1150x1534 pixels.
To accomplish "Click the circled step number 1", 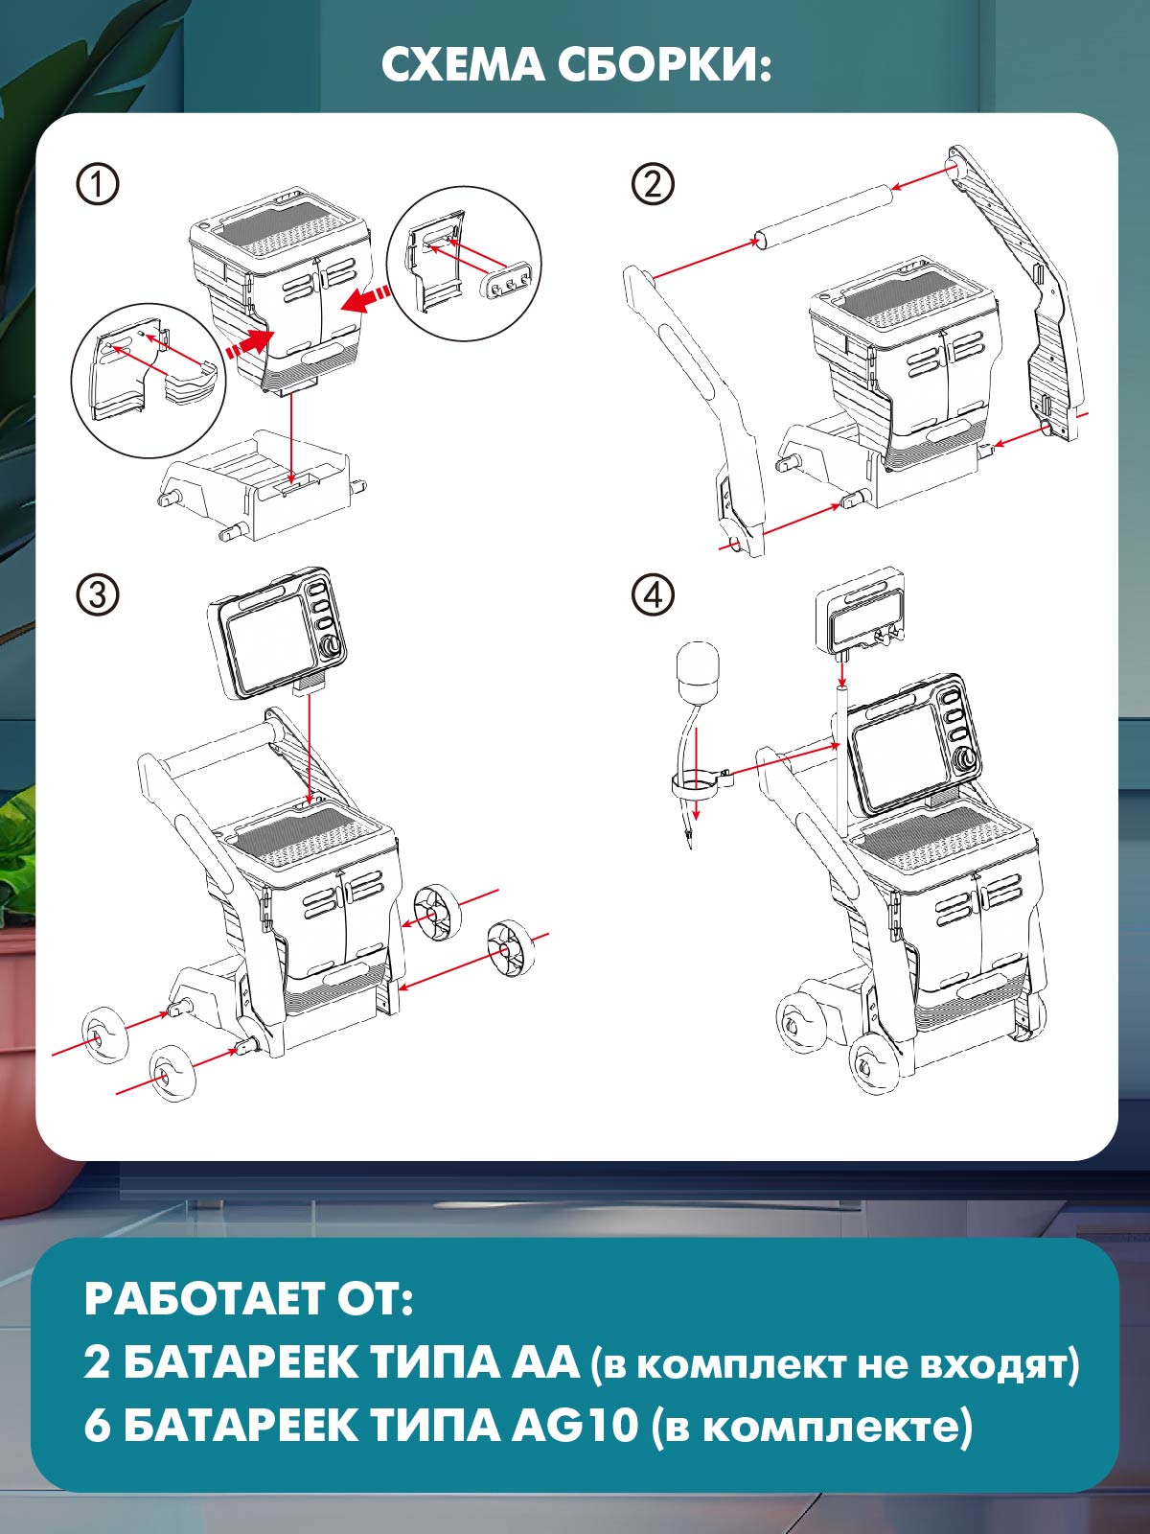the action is (x=98, y=184).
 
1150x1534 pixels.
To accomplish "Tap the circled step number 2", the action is (x=653, y=184).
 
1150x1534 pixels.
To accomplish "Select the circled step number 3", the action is (x=98, y=595).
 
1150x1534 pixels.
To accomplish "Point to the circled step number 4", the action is (x=653, y=595).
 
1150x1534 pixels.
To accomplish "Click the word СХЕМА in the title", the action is (x=462, y=67).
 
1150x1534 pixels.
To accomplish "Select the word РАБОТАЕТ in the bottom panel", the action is (x=201, y=1299).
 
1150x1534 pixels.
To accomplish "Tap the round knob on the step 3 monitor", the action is (x=332, y=648).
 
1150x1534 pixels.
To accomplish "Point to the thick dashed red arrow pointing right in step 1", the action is (x=248, y=344).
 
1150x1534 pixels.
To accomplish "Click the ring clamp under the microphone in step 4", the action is (x=701, y=783).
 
